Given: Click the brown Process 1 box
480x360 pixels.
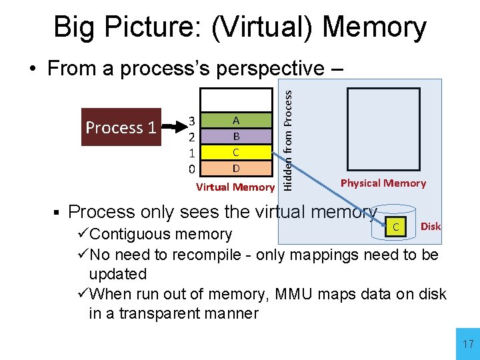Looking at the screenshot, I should click(121, 127).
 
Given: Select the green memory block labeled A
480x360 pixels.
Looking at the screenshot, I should click(236, 121).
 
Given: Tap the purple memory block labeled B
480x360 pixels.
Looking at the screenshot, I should click(236, 136).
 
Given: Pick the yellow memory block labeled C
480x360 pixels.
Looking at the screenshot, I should click(236, 151).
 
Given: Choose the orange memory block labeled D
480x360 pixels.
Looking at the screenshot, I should click(236, 167).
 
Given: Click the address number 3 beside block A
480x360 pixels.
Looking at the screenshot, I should click(191, 121).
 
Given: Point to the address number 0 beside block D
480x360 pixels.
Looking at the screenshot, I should click(191, 167).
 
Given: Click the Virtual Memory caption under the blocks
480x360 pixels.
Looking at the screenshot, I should click(235, 187).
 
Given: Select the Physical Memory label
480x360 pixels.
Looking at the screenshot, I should click(383, 183).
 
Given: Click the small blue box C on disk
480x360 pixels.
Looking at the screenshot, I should click(395, 227).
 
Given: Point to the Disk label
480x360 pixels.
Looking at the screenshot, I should click(431, 227).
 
